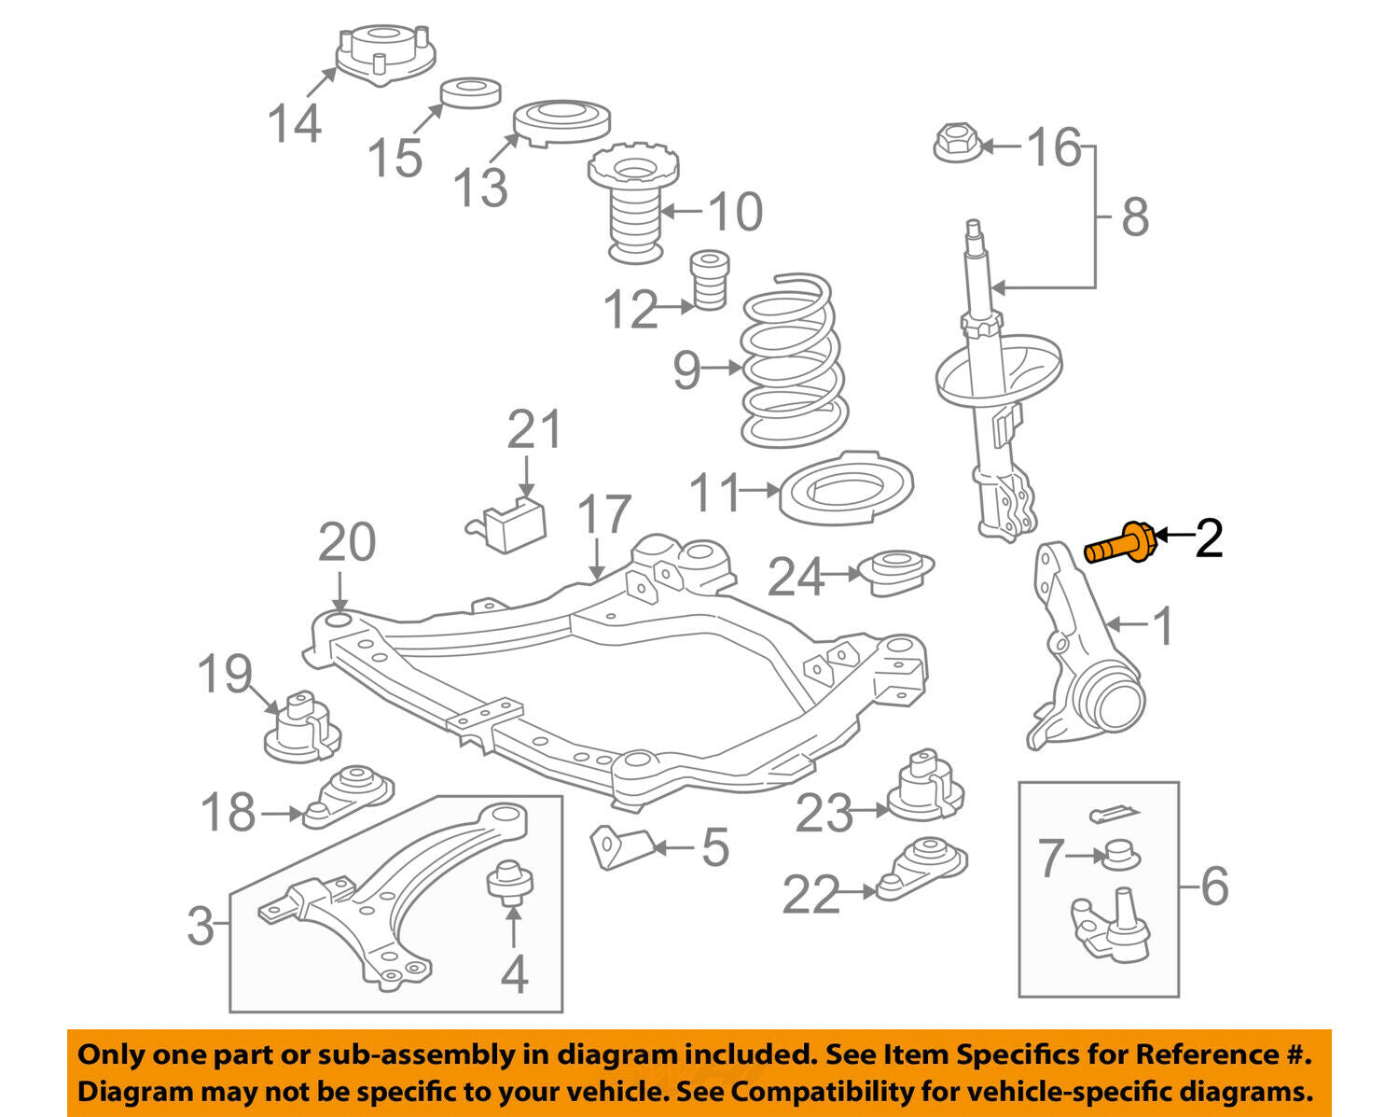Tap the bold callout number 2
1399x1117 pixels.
click(x=1209, y=538)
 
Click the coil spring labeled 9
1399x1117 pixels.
click(x=794, y=360)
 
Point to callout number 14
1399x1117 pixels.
click(x=295, y=122)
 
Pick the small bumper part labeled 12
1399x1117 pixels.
click(x=709, y=280)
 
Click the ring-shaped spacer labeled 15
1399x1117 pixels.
click(x=471, y=93)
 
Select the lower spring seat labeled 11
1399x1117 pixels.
click(x=846, y=489)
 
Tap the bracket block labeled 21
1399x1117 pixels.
click(x=507, y=523)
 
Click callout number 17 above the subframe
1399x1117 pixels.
click(x=604, y=514)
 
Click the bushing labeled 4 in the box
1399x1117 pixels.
click(x=509, y=883)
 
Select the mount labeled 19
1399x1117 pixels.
click(x=302, y=726)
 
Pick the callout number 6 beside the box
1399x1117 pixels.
click(x=1213, y=886)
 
